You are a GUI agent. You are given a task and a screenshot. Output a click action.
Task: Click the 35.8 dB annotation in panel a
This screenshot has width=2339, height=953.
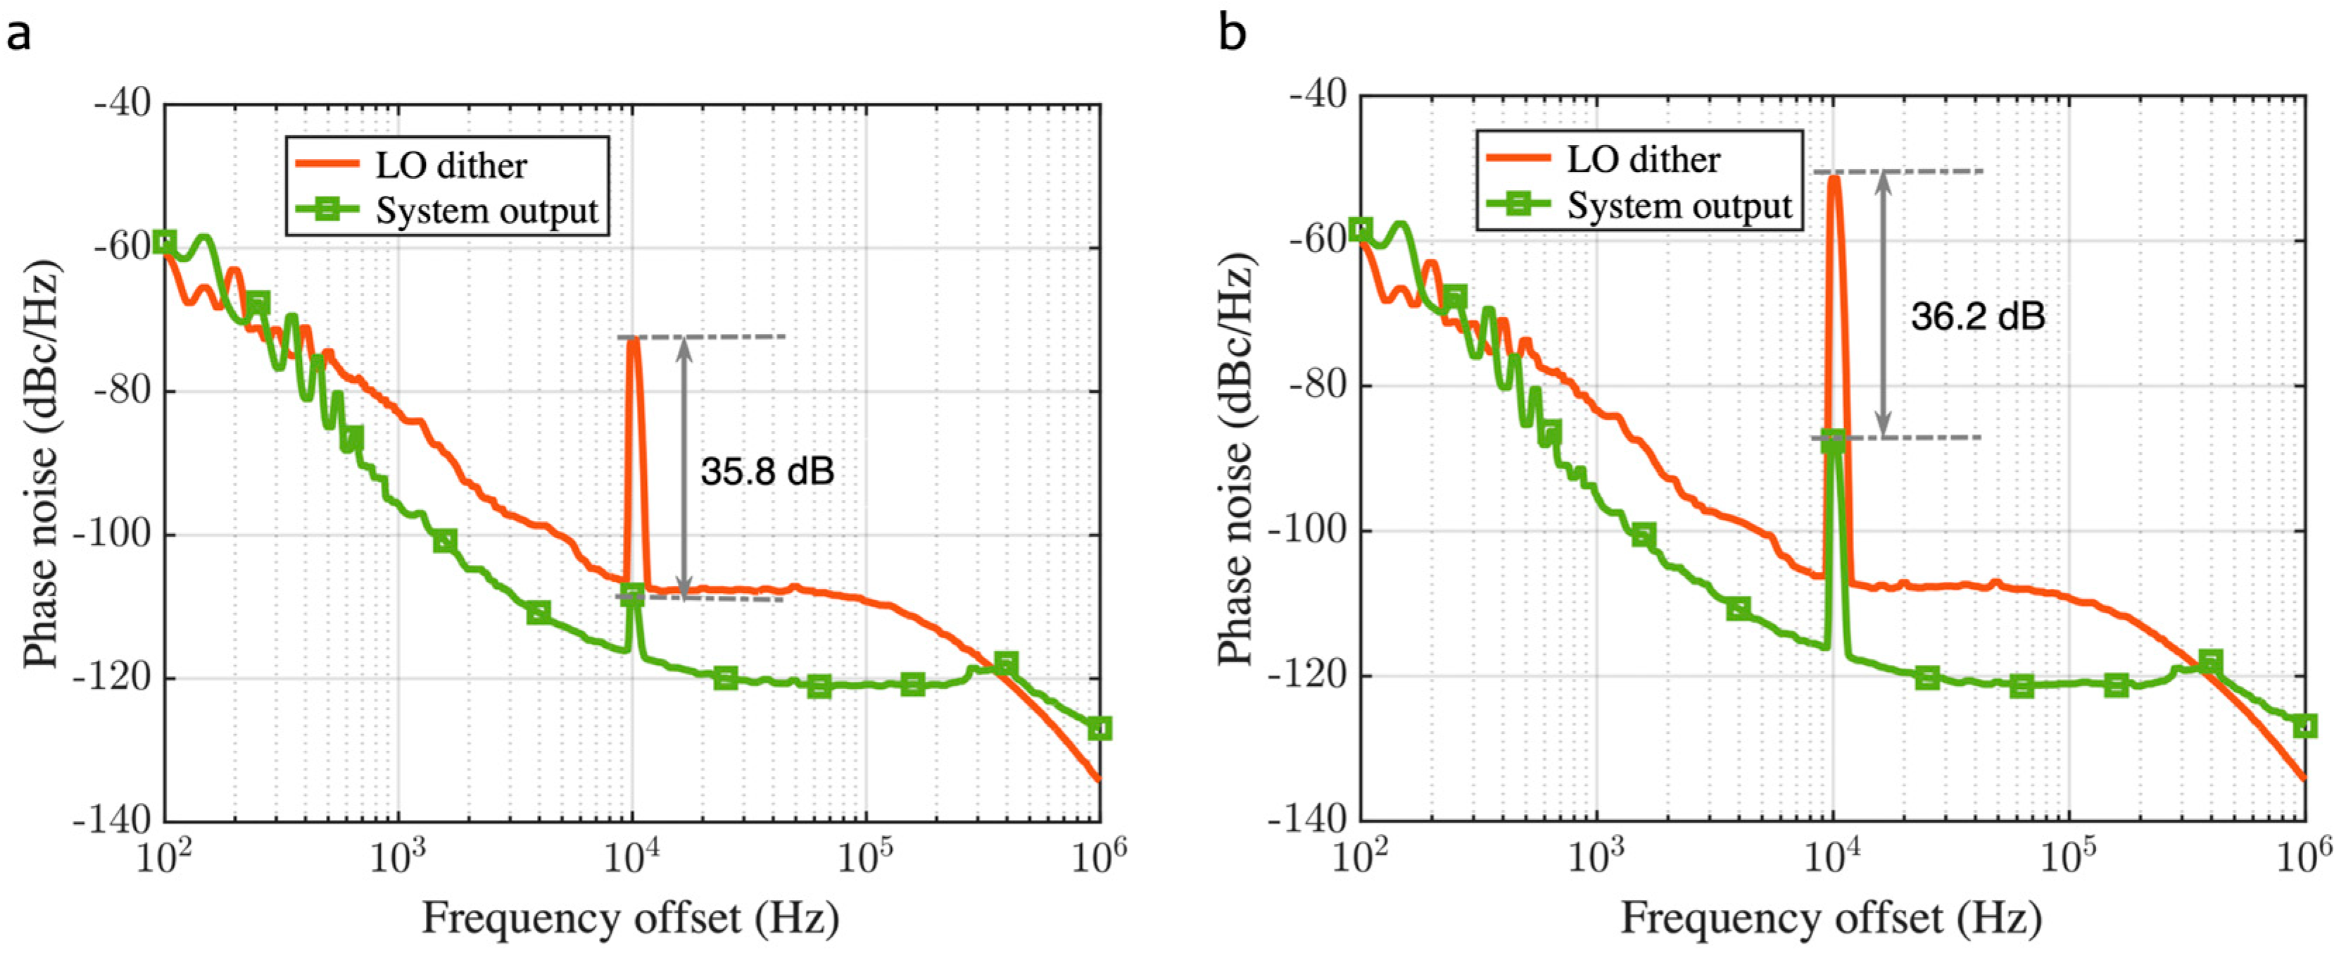(767, 471)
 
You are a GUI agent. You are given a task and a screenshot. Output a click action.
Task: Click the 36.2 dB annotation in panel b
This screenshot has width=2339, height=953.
(1978, 316)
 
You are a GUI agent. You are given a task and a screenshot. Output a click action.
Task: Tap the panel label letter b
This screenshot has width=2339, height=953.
(1232, 34)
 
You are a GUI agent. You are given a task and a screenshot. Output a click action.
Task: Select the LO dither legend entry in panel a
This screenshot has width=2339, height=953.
(450, 166)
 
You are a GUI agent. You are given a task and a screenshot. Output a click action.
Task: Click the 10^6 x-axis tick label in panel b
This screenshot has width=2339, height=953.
(2305, 855)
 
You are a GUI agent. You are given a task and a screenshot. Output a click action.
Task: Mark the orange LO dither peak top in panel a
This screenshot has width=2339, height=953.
(633, 342)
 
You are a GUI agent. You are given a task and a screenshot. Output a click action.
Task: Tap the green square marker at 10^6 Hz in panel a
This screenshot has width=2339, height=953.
(1099, 728)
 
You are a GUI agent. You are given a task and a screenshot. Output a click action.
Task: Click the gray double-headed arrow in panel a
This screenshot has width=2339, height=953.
(685, 467)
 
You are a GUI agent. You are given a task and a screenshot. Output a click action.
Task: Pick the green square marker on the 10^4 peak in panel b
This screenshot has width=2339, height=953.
(1833, 442)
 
